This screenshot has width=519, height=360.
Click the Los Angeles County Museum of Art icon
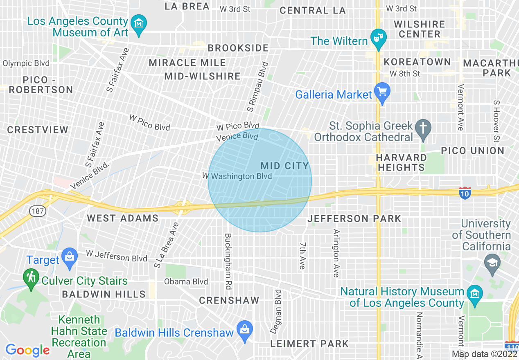[140, 23]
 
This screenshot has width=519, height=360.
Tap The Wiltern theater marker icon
[378, 38]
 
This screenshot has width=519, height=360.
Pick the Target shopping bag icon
[69, 258]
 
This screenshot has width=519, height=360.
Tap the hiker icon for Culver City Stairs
[31, 277]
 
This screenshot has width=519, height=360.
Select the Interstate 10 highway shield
[465, 193]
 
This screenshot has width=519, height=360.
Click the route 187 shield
[37, 211]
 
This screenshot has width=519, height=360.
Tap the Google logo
[27, 350]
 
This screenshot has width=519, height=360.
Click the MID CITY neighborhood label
[285, 166]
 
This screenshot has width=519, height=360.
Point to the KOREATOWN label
[417, 62]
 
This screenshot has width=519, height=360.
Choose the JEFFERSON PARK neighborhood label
[354, 219]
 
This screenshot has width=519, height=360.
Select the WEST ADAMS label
[123, 218]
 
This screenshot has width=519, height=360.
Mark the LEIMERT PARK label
[309, 344]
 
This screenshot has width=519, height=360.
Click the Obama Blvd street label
[186, 281]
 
